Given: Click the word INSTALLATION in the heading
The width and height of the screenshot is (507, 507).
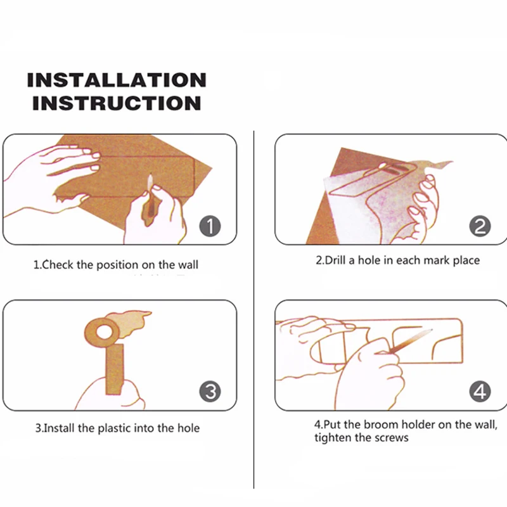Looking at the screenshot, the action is click(x=117, y=80).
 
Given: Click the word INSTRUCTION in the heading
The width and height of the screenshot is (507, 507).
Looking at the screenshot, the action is click(x=117, y=103).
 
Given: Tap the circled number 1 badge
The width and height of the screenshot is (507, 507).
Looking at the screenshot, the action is click(x=210, y=226).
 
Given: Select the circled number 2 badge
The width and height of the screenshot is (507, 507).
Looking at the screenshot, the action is click(x=480, y=226).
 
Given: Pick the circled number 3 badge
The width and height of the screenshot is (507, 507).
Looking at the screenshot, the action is click(x=210, y=392).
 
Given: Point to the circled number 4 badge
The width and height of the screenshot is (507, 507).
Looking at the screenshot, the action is click(x=480, y=392).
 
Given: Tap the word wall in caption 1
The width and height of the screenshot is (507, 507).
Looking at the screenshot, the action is click(x=188, y=265).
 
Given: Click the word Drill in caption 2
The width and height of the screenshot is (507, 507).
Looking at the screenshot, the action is click(x=335, y=260).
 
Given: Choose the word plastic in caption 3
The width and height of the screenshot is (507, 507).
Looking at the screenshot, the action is click(x=115, y=429).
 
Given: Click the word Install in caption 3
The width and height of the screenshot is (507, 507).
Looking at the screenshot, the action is click(x=59, y=428).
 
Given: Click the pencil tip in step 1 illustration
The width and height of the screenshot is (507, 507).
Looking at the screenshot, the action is click(x=150, y=176).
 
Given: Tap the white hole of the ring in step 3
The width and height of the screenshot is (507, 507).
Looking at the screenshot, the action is click(x=104, y=332).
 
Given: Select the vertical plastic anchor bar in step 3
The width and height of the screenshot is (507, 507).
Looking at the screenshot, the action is click(x=115, y=369).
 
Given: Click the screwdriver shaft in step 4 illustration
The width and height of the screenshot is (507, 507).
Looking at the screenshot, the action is click(x=411, y=341).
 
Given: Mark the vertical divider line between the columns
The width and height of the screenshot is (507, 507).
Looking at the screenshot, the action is click(x=254, y=309).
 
